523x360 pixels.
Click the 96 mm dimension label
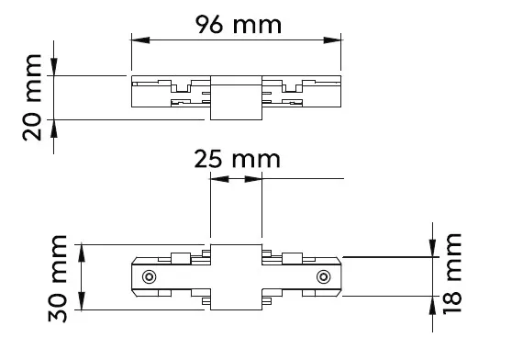tap(239, 25)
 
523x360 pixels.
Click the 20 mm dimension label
tap(32, 97)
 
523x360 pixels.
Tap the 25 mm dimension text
tap(237, 159)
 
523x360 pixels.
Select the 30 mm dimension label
tap(58, 278)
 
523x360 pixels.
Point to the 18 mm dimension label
tap(452, 274)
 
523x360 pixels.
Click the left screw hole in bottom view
tap(149, 276)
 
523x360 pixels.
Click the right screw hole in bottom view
tap(324, 276)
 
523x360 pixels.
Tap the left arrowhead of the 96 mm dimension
tap(140, 40)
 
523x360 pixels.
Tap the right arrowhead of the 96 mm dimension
tap(332, 40)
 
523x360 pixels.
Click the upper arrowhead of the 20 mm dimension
tap(54, 67)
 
